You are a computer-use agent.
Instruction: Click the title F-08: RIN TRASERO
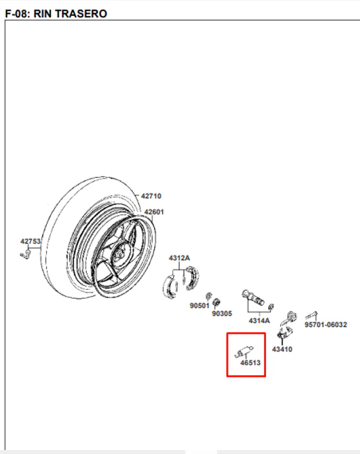click(56, 14)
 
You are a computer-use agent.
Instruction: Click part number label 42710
click(151, 196)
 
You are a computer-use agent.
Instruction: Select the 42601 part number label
click(154, 212)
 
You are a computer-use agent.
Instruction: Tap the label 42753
click(30, 241)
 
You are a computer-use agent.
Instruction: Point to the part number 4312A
click(179, 257)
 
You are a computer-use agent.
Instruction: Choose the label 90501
click(200, 306)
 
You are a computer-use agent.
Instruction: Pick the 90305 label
click(222, 314)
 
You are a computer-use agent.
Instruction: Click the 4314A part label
click(259, 320)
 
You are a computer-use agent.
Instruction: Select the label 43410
click(282, 349)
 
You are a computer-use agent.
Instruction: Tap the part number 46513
click(251, 363)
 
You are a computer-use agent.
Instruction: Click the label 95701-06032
click(326, 324)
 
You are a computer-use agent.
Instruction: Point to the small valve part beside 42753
click(26, 255)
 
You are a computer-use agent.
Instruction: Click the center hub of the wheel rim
click(119, 253)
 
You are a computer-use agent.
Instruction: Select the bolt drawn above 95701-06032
click(311, 315)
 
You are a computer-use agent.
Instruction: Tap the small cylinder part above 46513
click(244, 351)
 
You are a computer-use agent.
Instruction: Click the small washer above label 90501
click(208, 296)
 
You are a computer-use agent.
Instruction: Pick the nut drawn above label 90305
click(216, 302)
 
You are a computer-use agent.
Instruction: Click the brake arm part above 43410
click(287, 325)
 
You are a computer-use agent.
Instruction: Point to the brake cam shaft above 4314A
click(253, 297)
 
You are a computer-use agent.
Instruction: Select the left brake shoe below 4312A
click(169, 287)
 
